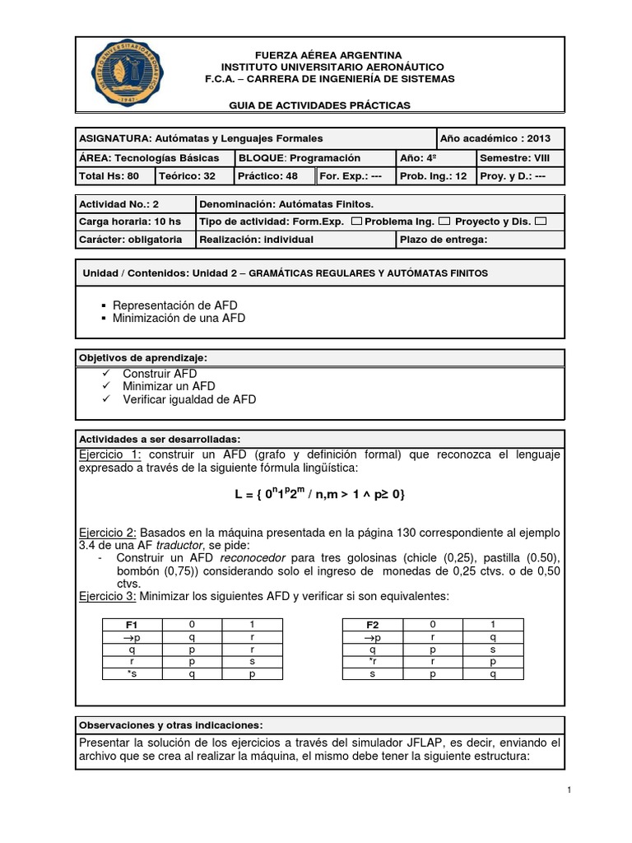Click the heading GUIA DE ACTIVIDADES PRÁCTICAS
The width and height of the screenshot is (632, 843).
tap(318, 105)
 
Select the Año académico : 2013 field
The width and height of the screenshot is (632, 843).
tap(500, 137)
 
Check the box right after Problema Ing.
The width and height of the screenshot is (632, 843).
tap(444, 221)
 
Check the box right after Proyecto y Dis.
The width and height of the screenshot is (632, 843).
tap(540, 221)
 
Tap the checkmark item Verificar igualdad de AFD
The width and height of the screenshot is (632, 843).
tap(189, 399)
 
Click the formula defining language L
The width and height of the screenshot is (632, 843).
tap(319, 494)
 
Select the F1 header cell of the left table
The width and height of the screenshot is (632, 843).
tap(132, 625)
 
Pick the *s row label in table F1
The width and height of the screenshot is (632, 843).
tap(132, 674)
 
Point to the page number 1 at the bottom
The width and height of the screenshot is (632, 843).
tap(568, 789)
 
